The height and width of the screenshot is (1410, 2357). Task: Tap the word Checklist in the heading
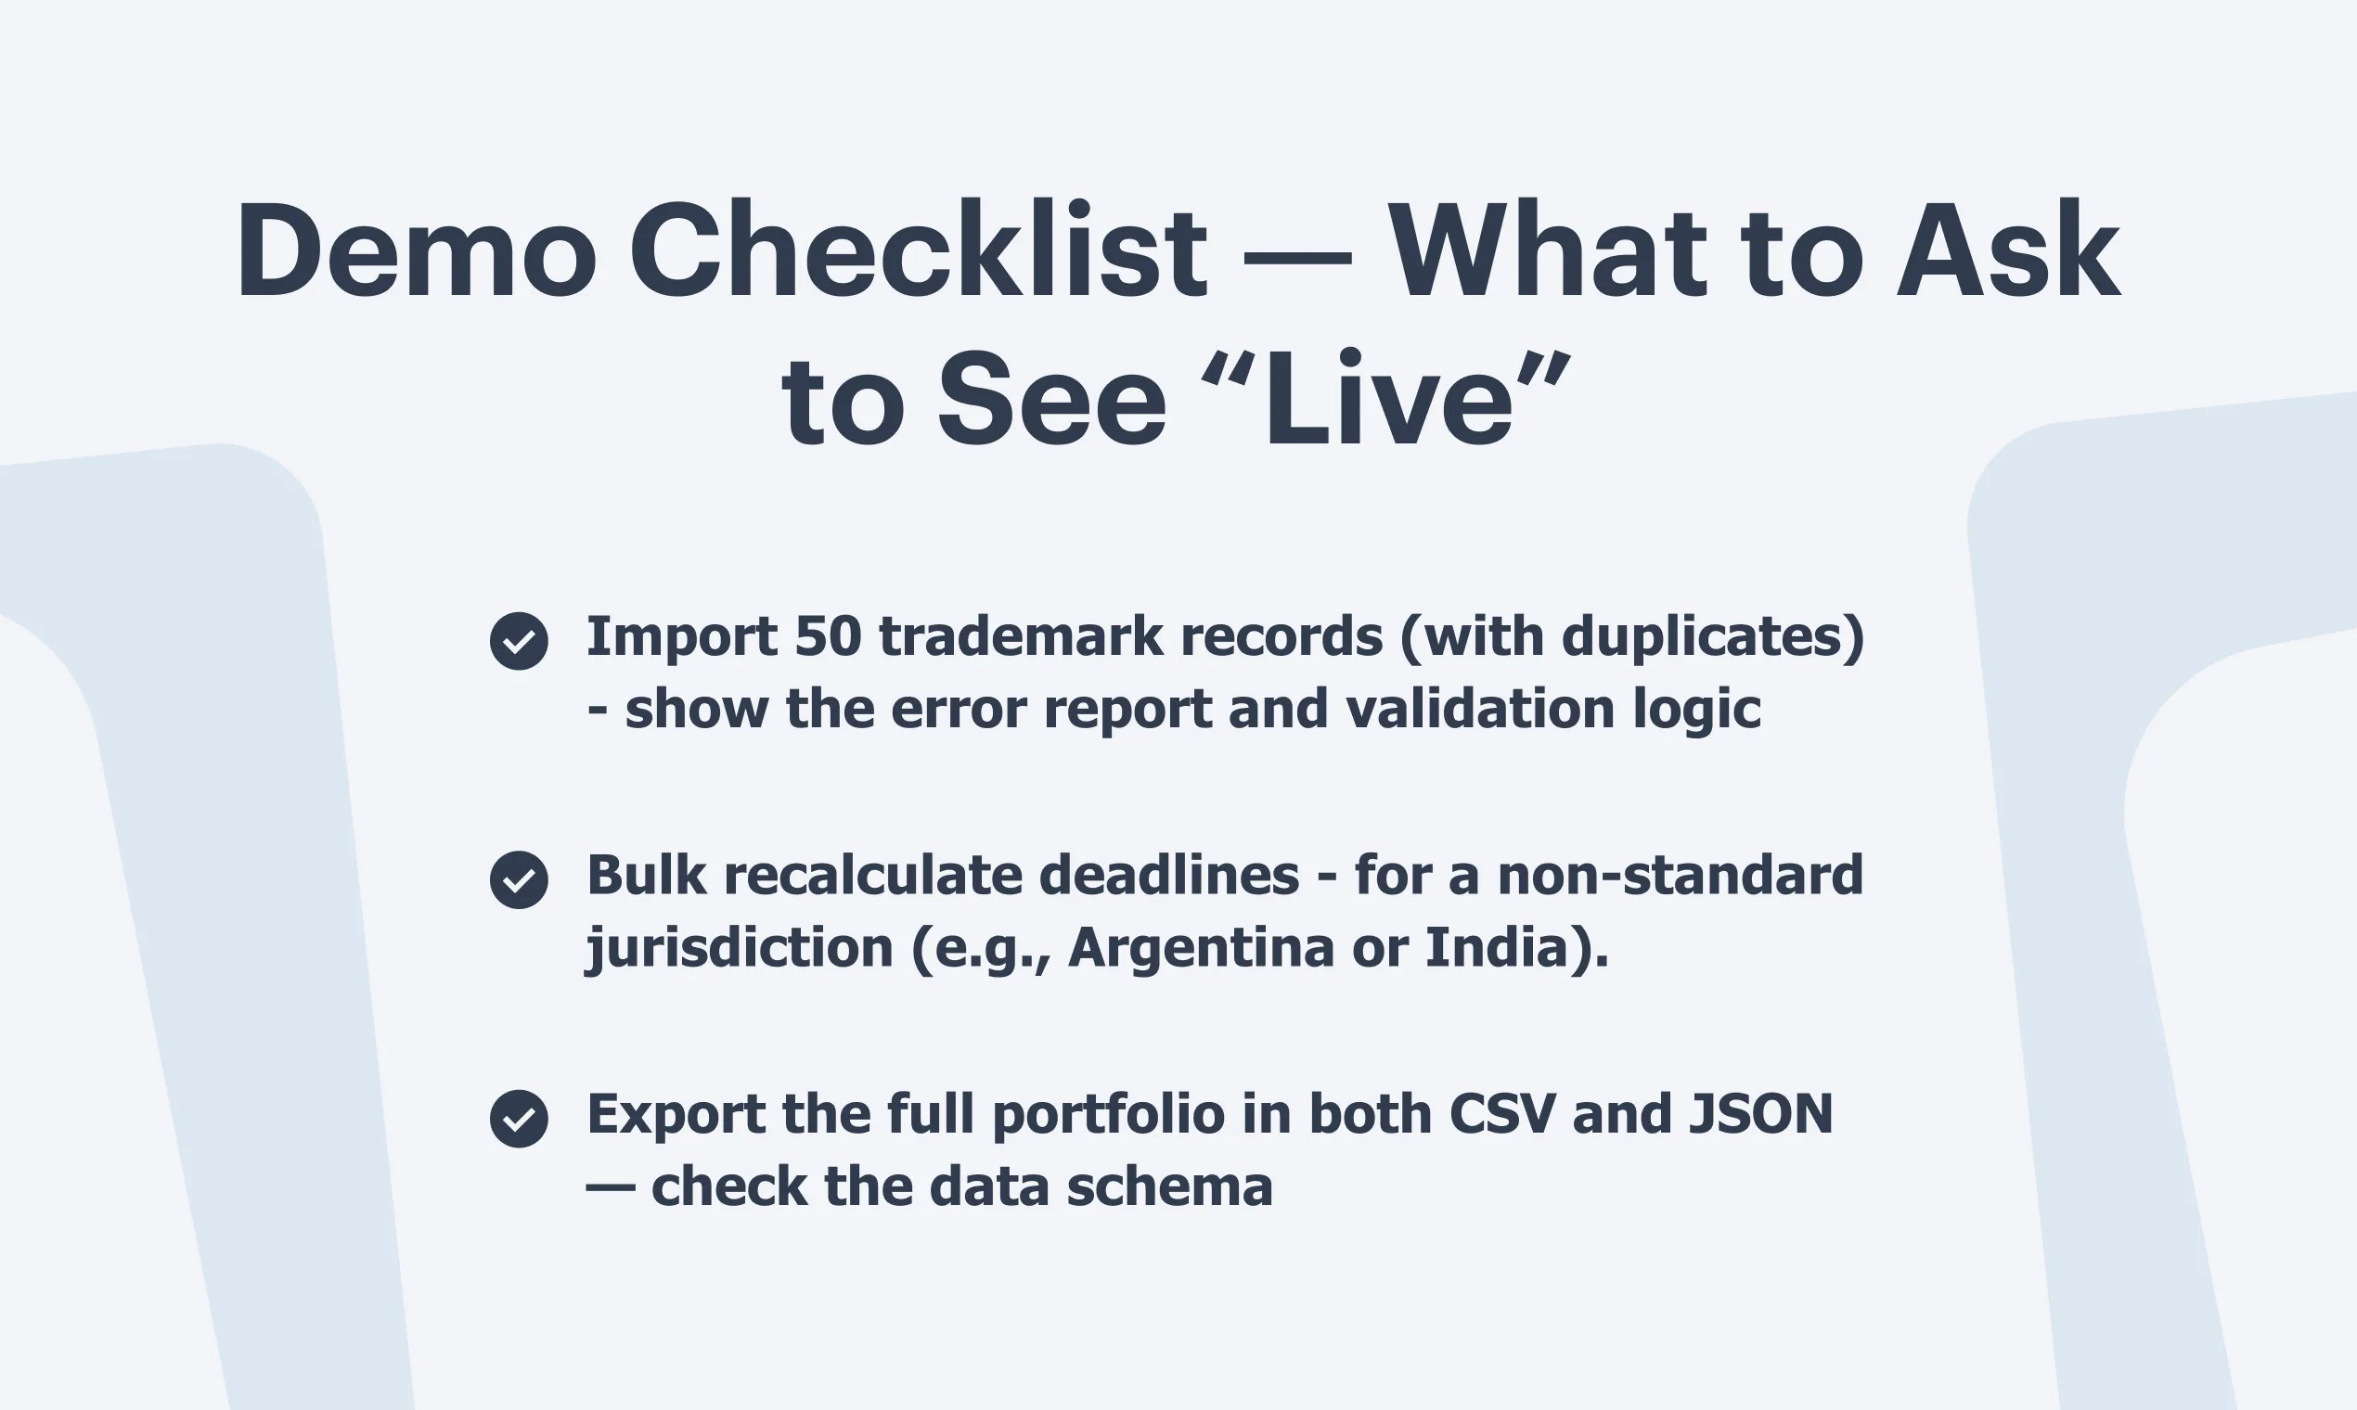[918, 249]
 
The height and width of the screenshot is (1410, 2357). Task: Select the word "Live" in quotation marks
[1386, 398]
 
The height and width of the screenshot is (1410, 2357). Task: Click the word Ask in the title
[2008, 249]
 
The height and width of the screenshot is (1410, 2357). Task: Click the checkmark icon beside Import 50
[519, 641]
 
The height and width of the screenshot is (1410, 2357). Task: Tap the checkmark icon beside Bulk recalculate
[519, 879]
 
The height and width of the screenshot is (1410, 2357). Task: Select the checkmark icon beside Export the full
[519, 1119]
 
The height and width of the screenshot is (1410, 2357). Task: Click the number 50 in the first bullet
[828, 636]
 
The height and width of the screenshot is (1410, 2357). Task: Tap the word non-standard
[1681, 874]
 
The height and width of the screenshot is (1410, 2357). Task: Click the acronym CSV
[1502, 1113]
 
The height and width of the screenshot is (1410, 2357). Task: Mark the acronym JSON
[1760, 1113]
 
